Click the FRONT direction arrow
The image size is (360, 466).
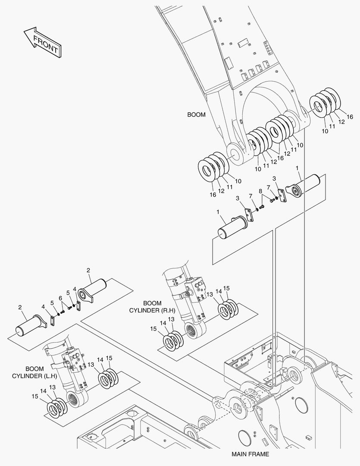tap(43, 42)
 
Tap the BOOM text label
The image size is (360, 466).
tap(196, 114)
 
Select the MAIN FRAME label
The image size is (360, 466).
tap(250, 454)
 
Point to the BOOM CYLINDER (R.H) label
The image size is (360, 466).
tap(152, 307)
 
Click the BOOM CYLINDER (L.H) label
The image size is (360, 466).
tap(34, 372)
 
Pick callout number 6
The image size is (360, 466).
tap(60, 298)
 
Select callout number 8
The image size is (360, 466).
tap(260, 191)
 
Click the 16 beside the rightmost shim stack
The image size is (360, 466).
tap(350, 117)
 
